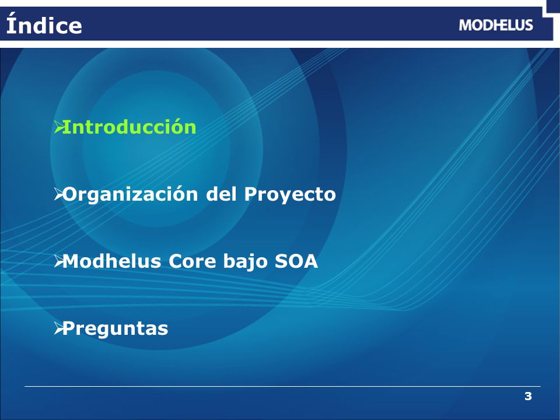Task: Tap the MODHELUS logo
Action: (496, 25)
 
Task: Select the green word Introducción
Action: (129, 127)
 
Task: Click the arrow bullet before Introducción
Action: (58, 127)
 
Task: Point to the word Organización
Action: (130, 195)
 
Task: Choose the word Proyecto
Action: (290, 195)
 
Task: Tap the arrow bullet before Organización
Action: (58, 194)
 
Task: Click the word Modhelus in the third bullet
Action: (112, 261)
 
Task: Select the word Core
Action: (192, 261)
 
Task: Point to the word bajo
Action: (246, 262)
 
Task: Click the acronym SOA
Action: (296, 261)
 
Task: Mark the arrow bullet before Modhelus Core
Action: (58, 262)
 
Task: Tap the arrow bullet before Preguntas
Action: (58, 329)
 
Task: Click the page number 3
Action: (528, 396)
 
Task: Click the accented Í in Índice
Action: (12, 23)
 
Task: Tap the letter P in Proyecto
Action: (251, 194)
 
